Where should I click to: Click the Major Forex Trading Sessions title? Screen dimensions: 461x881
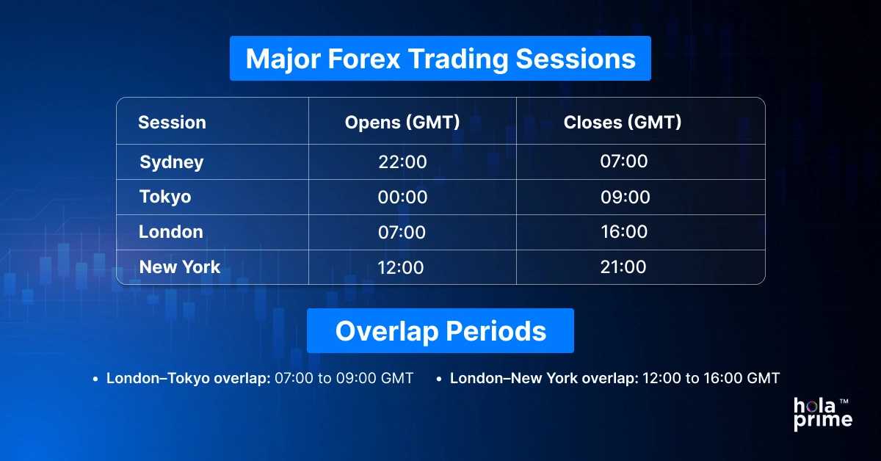(x=440, y=59)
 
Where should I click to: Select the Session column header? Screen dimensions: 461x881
(x=172, y=123)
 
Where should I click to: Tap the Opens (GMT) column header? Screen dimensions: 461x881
(x=402, y=123)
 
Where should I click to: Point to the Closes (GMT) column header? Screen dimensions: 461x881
(x=623, y=123)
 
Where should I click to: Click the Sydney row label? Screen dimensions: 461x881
(x=172, y=162)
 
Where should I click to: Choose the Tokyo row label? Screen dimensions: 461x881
(x=165, y=197)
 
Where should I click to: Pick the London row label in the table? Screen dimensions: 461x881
(x=171, y=232)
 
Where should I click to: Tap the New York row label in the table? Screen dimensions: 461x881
(x=180, y=267)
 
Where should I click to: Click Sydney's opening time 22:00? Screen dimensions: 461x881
(x=402, y=162)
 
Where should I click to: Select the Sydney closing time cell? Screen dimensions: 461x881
(x=623, y=161)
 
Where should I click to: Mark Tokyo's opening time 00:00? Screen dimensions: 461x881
(x=402, y=197)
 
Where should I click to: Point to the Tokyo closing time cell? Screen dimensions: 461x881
(x=623, y=197)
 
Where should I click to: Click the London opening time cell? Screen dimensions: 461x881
(x=402, y=233)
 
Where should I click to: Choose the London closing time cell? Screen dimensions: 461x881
(x=623, y=232)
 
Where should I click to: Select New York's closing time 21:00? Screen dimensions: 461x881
(x=623, y=266)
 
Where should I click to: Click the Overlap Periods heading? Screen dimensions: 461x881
(x=440, y=331)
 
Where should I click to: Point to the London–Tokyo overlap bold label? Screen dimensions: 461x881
(x=189, y=378)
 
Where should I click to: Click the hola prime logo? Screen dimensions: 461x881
(x=822, y=413)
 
